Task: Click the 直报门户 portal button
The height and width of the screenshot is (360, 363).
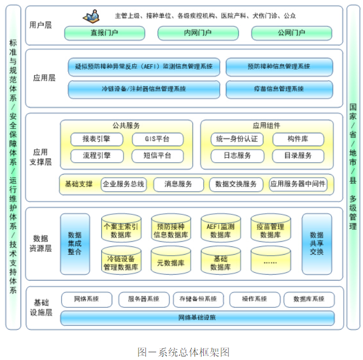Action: tap(103, 34)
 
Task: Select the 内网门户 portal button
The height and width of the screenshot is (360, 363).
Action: tap(198, 34)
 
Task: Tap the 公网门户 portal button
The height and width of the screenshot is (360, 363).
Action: tap(291, 34)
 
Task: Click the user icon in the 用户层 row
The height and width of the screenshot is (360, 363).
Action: tap(92, 17)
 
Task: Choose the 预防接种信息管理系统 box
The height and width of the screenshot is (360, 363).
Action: tap(279, 67)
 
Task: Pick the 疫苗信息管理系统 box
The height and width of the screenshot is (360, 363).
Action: tap(279, 89)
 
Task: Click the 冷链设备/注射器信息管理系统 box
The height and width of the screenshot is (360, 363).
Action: tap(144, 89)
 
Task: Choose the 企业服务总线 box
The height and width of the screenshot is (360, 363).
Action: tap(124, 184)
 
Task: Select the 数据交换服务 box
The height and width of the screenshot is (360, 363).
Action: tap(236, 184)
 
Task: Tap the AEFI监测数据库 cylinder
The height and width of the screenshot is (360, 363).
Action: tap(220, 229)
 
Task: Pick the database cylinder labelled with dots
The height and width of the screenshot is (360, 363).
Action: tap(270, 261)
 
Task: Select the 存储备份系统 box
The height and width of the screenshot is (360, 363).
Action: tap(198, 299)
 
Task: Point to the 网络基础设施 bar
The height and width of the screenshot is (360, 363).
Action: tap(197, 317)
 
